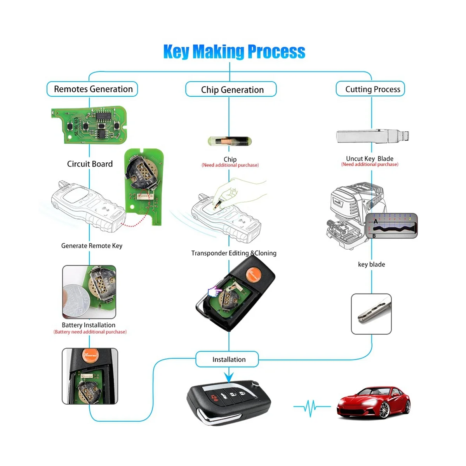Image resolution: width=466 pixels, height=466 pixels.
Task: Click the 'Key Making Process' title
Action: [234, 52]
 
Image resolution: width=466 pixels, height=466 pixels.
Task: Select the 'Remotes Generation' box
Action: [92, 89]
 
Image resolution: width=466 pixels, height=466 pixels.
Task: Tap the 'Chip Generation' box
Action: [231, 90]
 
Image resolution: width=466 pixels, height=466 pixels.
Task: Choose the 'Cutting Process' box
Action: [371, 89]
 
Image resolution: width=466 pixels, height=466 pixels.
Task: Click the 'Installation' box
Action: [228, 360]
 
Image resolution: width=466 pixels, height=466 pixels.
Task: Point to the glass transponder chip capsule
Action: [228, 141]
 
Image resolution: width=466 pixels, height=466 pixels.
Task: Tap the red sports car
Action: [373, 402]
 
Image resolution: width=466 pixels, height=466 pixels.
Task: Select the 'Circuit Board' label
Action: [90, 164]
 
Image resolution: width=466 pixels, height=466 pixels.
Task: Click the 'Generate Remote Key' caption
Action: [92, 246]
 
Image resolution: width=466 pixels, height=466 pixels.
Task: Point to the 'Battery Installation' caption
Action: [89, 325]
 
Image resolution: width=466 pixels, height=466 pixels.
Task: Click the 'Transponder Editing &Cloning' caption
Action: [234, 253]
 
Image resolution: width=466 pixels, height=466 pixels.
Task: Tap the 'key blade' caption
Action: [371, 264]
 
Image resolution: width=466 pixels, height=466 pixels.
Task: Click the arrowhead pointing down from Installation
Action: [229, 377]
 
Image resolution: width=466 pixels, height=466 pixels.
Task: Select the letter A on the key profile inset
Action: [376, 221]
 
